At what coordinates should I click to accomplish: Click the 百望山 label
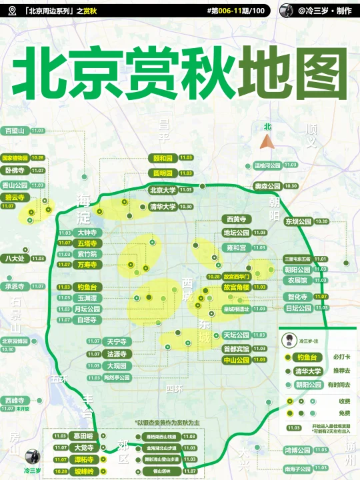pyautogui.click(x=14, y=131)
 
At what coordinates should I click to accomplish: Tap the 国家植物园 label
pyautogui.click(x=15, y=158)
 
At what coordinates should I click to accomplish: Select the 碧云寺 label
pyautogui.click(x=14, y=197)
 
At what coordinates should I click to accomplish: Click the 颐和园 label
pyautogui.click(x=163, y=159)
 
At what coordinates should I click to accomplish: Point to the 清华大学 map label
pyautogui.click(x=163, y=207)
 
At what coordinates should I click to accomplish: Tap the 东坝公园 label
pyautogui.click(x=298, y=221)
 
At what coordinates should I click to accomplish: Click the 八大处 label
pyautogui.click(x=14, y=258)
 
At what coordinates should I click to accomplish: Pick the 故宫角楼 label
pyautogui.click(x=236, y=287)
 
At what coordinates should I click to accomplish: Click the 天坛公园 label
pyautogui.click(x=236, y=335)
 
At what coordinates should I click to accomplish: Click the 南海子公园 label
pyautogui.click(x=297, y=469)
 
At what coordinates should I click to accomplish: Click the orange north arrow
pyautogui.click(x=268, y=141)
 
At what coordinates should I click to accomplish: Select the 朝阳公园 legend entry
pyautogui.click(x=308, y=385)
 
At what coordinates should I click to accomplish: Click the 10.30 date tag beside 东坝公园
pyautogui.click(x=322, y=221)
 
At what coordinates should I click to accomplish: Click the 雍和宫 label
pyautogui.click(x=237, y=247)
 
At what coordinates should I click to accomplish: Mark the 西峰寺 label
pyautogui.click(x=14, y=400)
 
